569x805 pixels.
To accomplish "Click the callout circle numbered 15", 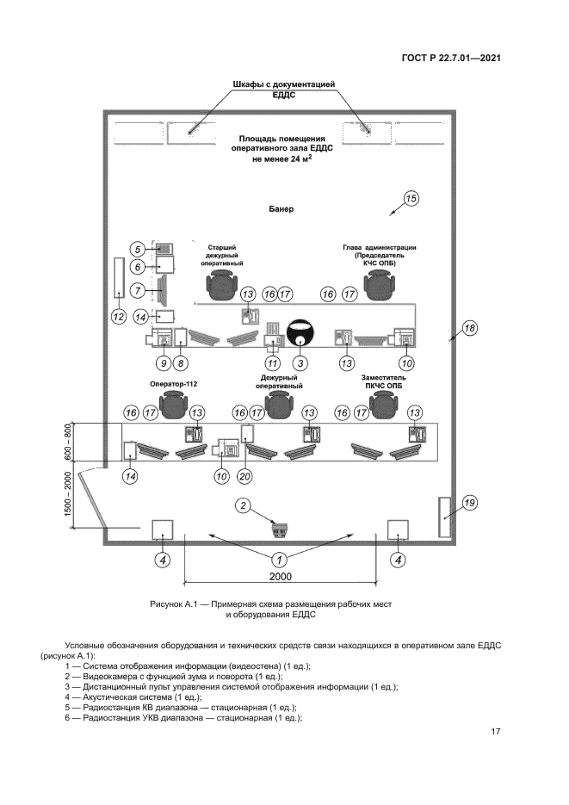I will (411, 200).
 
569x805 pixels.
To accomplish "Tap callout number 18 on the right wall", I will (469, 328).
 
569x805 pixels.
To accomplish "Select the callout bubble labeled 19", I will (469, 502).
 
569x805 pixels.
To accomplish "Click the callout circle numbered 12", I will (119, 315).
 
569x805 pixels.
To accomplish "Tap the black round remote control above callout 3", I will (301, 331).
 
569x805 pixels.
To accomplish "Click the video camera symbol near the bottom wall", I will (281, 524).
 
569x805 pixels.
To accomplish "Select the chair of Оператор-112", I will (176, 402).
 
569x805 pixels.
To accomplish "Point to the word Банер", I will (281, 209).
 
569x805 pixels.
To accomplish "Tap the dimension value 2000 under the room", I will (281, 577).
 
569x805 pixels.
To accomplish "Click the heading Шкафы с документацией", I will (284, 84).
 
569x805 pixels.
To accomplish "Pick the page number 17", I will (496, 732).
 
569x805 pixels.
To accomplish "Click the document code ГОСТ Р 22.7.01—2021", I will (451, 59).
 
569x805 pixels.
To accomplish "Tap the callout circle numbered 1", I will (281, 559).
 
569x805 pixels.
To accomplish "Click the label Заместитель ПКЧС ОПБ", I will (384, 382).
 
